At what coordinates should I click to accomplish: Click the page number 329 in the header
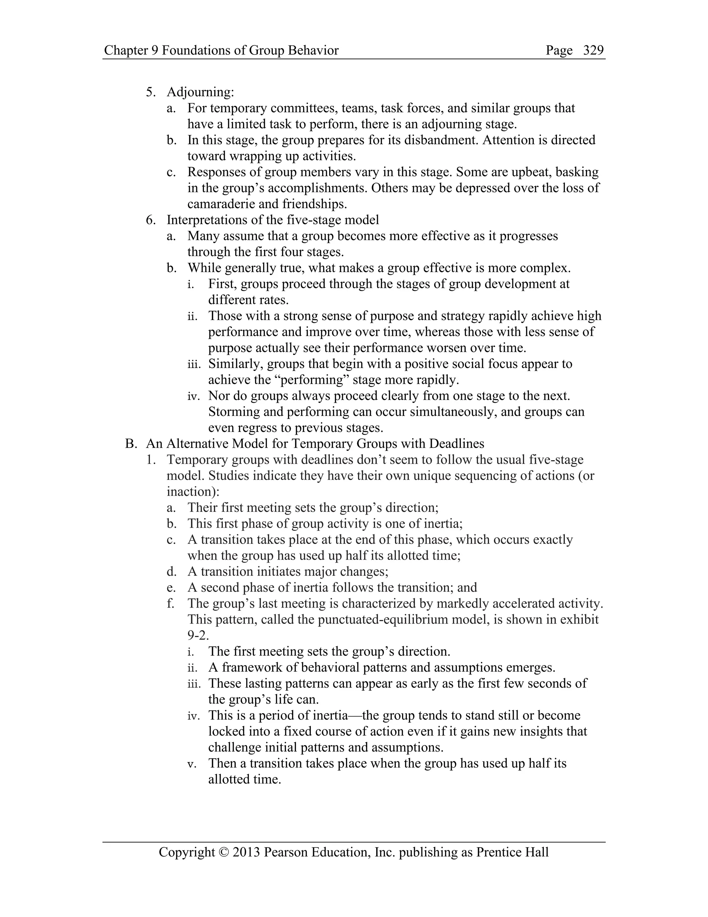click(593, 51)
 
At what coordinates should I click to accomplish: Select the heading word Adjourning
click(200, 92)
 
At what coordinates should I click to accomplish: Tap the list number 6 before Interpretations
click(150, 220)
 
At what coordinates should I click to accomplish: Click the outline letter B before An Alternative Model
click(130, 444)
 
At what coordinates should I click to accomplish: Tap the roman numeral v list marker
click(191, 764)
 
